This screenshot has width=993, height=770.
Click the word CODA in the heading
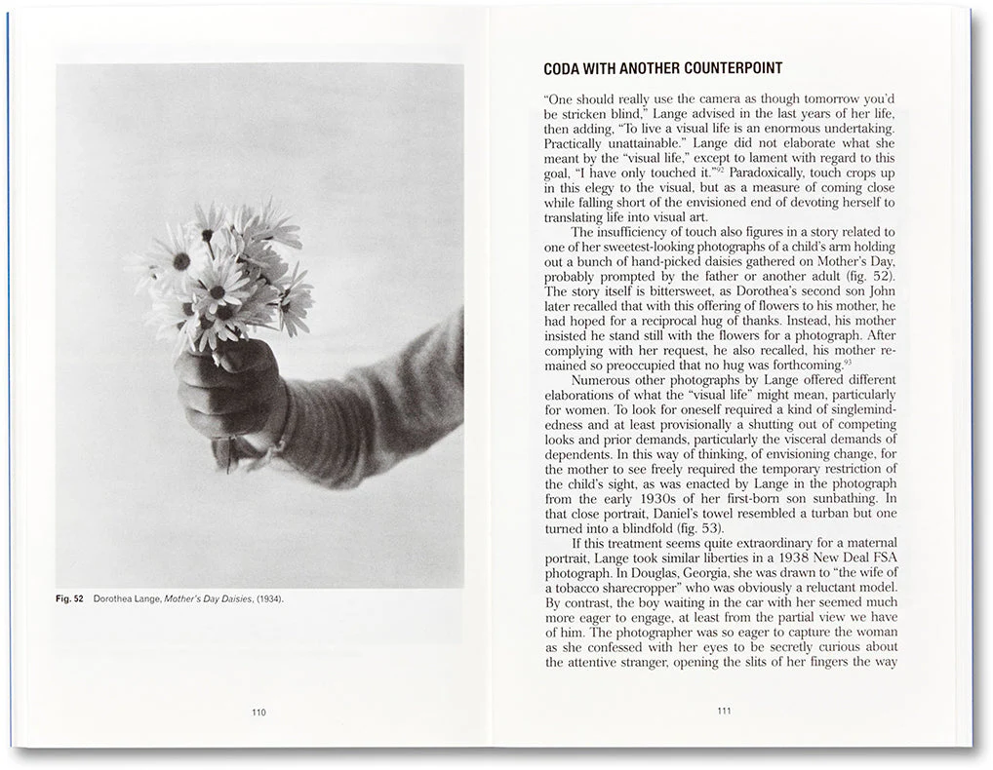tap(565, 69)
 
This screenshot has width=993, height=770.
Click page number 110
tap(258, 712)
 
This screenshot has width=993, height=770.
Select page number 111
tap(724, 712)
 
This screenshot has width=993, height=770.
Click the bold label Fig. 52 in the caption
tap(69, 598)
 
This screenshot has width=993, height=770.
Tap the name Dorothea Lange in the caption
tap(124, 598)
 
